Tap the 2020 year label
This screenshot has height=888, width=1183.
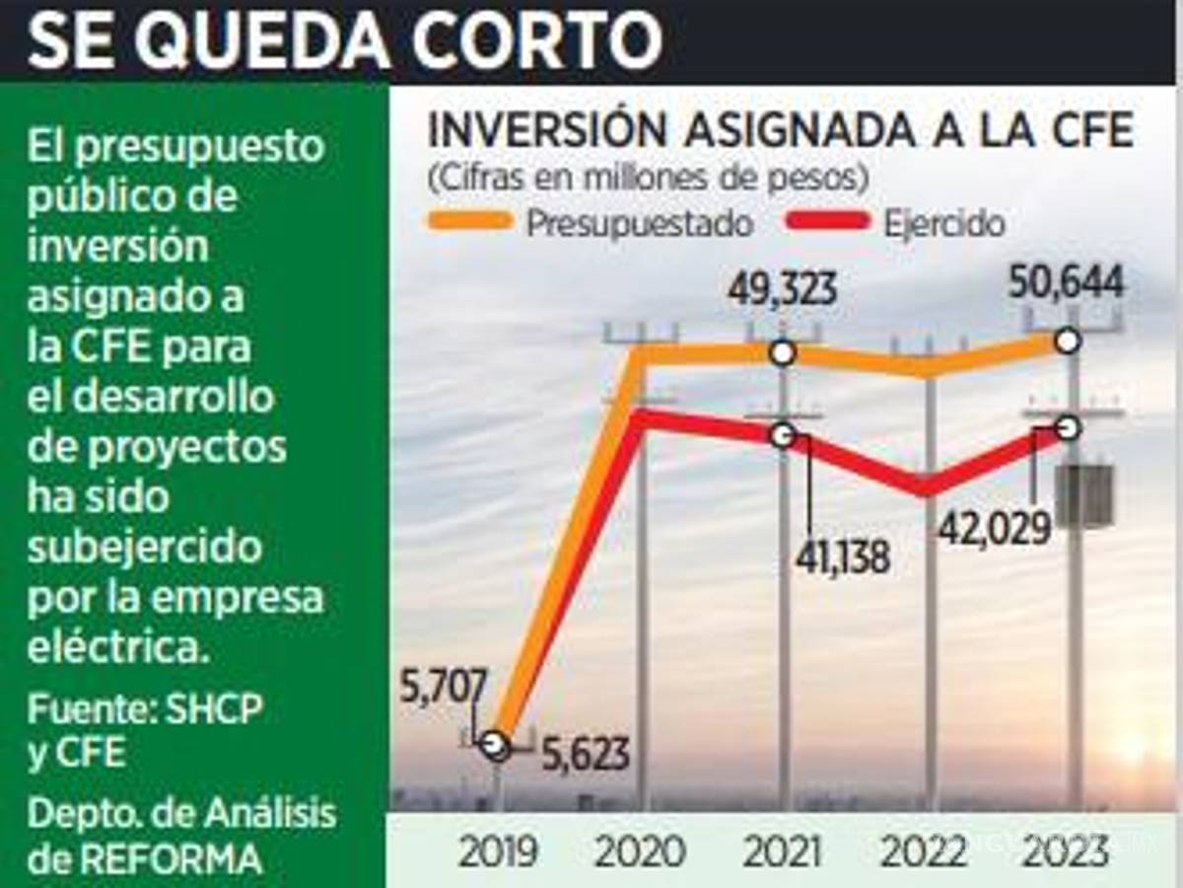point(642,851)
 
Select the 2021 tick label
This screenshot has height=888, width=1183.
point(784,851)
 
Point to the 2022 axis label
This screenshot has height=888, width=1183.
point(927,851)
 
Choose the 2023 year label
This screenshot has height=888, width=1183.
point(1068,851)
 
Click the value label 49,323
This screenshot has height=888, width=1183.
point(783,290)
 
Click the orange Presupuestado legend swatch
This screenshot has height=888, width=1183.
point(470,220)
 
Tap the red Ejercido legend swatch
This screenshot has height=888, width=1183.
point(827,220)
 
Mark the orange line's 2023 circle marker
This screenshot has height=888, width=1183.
point(1068,341)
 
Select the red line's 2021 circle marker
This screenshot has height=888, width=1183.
point(783,435)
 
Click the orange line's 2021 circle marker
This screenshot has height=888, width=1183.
point(783,352)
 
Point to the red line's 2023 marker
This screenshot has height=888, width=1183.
point(1068,427)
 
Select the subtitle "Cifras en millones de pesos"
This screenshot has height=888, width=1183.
point(648,180)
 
